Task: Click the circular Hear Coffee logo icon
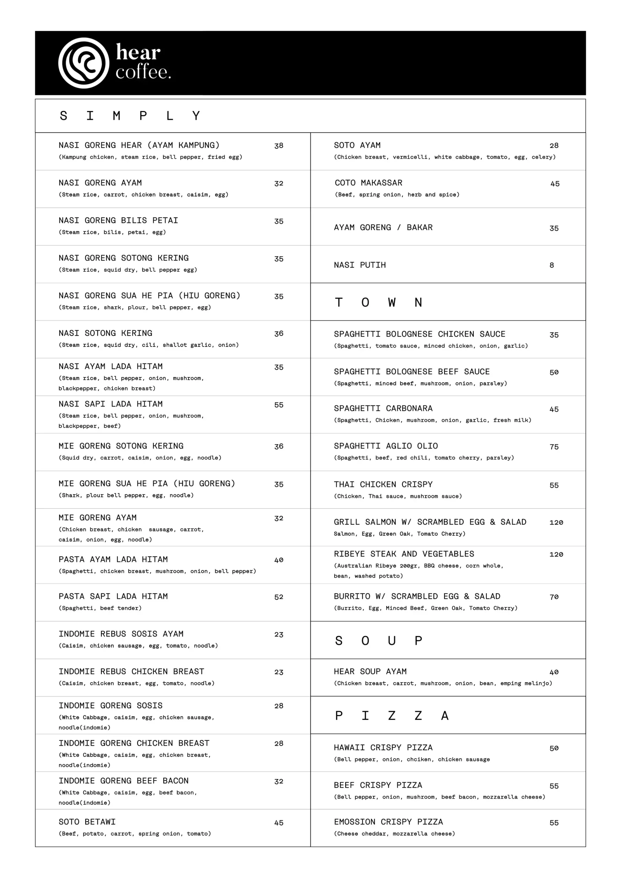(83, 63)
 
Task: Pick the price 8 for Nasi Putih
(551, 265)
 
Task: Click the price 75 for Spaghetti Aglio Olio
(554, 447)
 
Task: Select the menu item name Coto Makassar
(368, 183)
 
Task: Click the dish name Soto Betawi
(87, 822)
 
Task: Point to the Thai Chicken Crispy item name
(383, 485)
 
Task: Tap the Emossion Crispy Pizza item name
(388, 822)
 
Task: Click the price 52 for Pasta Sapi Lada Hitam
(279, 597)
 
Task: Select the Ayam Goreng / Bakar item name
(383, 227)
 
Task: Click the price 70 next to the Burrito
(554, 597)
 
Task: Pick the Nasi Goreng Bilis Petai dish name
(118, 220)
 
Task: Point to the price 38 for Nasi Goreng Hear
(279, 146)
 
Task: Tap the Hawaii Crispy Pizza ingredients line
(411, 759)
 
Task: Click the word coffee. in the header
(143, 73)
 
